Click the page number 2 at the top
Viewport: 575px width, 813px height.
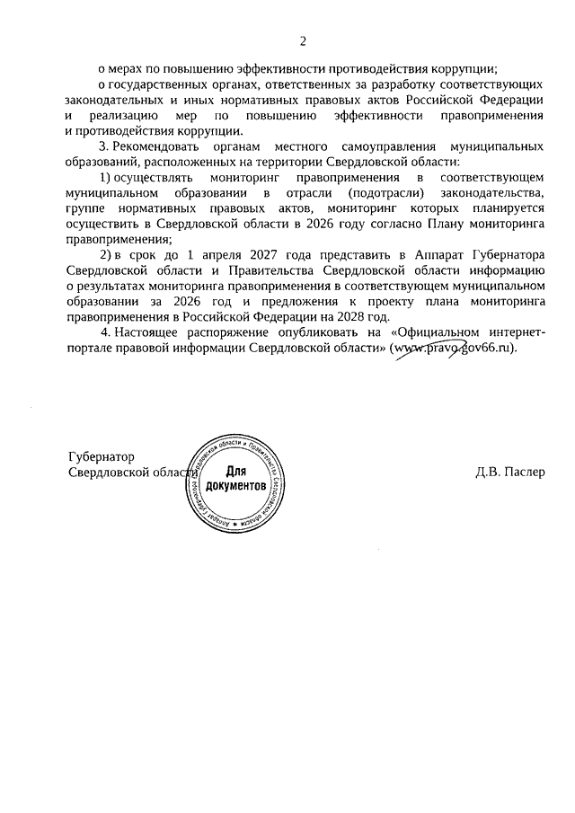(x=303, y=40)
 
